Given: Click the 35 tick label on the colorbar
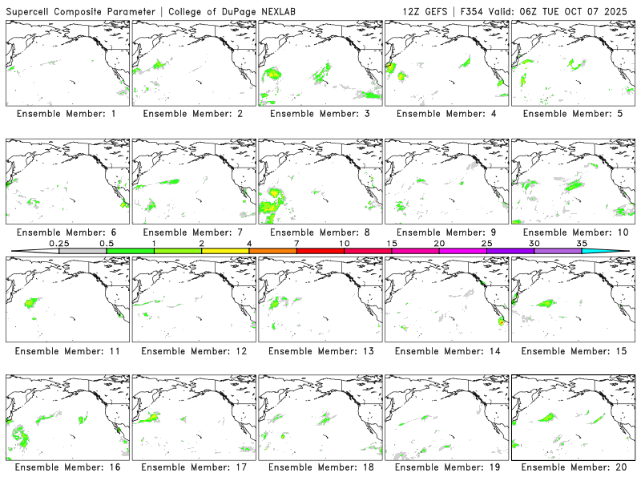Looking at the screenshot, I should [582, 243].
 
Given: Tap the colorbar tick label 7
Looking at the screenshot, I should [296, 243].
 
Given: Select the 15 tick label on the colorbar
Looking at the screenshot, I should [392, 243].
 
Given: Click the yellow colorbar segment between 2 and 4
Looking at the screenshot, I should [225, 251].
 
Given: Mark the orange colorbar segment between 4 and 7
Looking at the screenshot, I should [272, 251].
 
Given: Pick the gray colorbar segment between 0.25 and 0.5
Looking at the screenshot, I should [83, 251].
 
